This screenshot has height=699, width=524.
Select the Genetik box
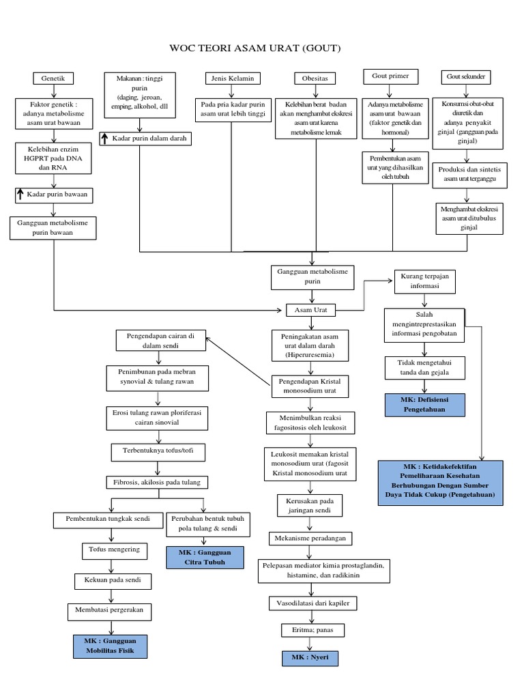[x=53, y=79]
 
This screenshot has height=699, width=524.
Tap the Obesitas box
[x=311, y=79]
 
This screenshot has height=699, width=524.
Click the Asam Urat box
[x=311, y=310]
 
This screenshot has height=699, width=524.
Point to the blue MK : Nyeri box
[x=310, y=658]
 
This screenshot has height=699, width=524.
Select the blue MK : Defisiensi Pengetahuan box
[x=424, y=403]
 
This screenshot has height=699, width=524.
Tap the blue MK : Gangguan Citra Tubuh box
[x=205, y=556]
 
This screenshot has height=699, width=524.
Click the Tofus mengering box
[x=114, y=549]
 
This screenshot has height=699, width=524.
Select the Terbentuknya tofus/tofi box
[x=158, y=452]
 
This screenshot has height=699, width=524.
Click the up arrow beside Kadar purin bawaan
[x=20, y=195]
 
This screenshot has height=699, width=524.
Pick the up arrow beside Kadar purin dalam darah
[x=105, y=139]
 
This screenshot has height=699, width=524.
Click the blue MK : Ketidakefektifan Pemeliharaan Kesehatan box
[x=441, y=483]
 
